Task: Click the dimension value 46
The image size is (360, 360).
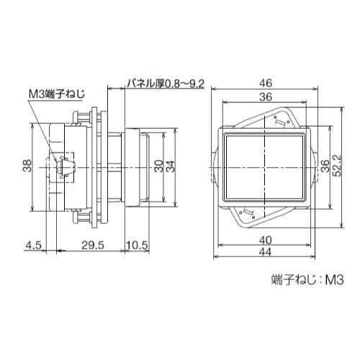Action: pyautogui.click(x=266, y=84)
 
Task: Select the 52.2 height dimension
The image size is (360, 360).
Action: pyautogui.click(x=338, y=166)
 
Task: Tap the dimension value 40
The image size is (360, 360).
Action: pyautogui.click(x=266, y=240)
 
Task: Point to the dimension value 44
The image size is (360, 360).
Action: pyautogui.click(x=266, y=252)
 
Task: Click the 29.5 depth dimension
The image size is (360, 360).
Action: pyautogui.click(x=93, y=246)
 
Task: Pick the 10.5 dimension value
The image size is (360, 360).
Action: pyautogui.click(x=137, y=246)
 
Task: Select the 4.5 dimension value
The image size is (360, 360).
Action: pyautogui.click(x=34, y=246)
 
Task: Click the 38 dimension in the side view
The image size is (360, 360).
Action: pyautogui.click(x=27, y=166)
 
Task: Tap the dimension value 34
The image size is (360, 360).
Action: pyautogui.click(x=171, y=166)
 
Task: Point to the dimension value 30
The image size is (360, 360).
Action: pyautogui.click(x=158, y=166)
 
